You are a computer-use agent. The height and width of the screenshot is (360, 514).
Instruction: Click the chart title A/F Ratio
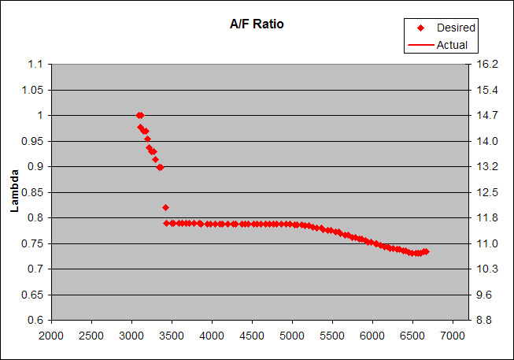251,24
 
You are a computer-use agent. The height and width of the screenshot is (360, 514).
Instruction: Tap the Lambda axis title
13,192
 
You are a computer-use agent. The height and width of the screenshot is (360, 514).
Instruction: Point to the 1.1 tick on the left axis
35,64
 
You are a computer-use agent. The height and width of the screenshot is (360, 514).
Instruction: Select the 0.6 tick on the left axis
35,320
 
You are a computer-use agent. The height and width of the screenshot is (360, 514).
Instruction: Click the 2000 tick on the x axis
51,336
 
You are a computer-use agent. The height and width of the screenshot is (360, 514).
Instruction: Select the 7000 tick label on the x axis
452,336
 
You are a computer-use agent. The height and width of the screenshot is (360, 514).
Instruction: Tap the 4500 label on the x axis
252,336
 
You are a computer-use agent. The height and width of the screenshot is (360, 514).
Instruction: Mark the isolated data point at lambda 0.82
165,207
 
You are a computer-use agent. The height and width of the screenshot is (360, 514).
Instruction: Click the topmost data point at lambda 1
139,115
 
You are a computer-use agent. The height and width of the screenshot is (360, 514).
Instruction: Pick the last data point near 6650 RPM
426,251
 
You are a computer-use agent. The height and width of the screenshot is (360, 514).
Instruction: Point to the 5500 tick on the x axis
332,336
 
